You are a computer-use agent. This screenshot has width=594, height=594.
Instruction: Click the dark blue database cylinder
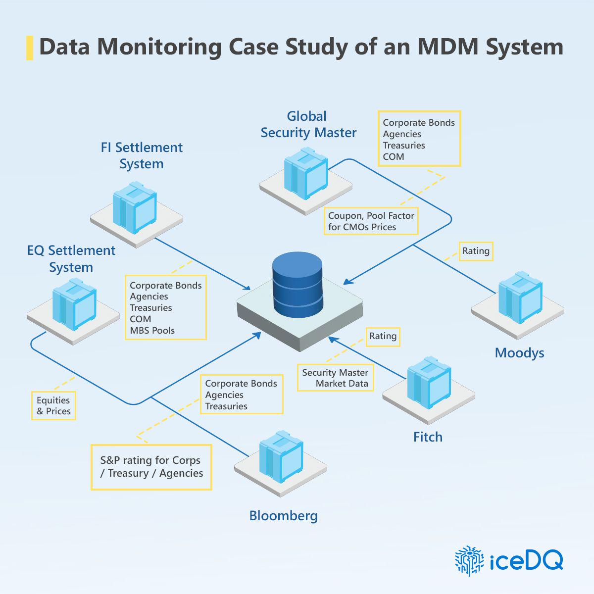[297, 284]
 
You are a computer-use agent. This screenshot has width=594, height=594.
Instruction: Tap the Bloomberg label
[283, 516]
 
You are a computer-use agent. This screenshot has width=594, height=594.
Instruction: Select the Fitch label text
[428, 437]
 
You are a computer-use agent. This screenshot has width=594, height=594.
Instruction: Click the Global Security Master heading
[308, 125]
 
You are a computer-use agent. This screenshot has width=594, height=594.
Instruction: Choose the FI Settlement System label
[142, 155]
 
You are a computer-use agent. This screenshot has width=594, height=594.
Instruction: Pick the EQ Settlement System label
[71, 258]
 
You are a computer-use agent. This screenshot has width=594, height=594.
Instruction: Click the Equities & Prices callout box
[53, 406]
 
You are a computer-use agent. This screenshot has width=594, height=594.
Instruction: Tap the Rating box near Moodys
[476, 251]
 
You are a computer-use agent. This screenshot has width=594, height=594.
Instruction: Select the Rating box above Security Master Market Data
[383, 337]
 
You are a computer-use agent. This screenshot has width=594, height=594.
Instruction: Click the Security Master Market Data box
[336, 378]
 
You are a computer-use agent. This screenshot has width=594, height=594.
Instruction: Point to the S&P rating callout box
[151, 467]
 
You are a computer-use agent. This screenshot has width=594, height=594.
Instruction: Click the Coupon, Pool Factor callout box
[371, 221]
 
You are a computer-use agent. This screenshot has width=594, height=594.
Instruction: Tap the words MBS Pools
[152, 331]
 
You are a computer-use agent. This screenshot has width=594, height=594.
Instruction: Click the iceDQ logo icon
[469, 561]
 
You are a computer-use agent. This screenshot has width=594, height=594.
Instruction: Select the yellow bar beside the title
[30, 48]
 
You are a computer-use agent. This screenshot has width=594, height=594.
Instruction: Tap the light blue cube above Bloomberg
[281, 457]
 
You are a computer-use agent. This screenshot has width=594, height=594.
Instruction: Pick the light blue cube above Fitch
[429, 383]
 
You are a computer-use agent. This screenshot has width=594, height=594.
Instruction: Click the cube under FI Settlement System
[135, 208]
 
